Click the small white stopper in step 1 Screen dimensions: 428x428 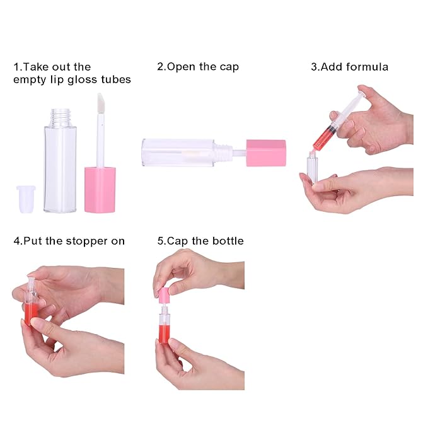pyautogui.click(x=26, y=199)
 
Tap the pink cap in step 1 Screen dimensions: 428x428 pyautogui.click(x=100, y=190)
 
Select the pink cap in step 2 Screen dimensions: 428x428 pyautogui.click(x=266, y=153)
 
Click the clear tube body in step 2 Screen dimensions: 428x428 pyautogui.click(x=178, y=153)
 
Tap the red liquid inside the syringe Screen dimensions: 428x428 pyautogui.click(x=322, y=138)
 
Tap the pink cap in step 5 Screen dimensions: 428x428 pyautogui.click(x=164, y=296)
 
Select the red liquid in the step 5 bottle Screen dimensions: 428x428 pyautogui.click(x=164, y=333)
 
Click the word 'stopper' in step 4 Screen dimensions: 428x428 pyautogui.click(x=87, y=241)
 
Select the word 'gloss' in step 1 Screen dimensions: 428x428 pyautogui.click(x=83, y=80)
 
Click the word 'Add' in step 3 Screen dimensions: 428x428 pyautogui.click(x=328, y=67)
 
